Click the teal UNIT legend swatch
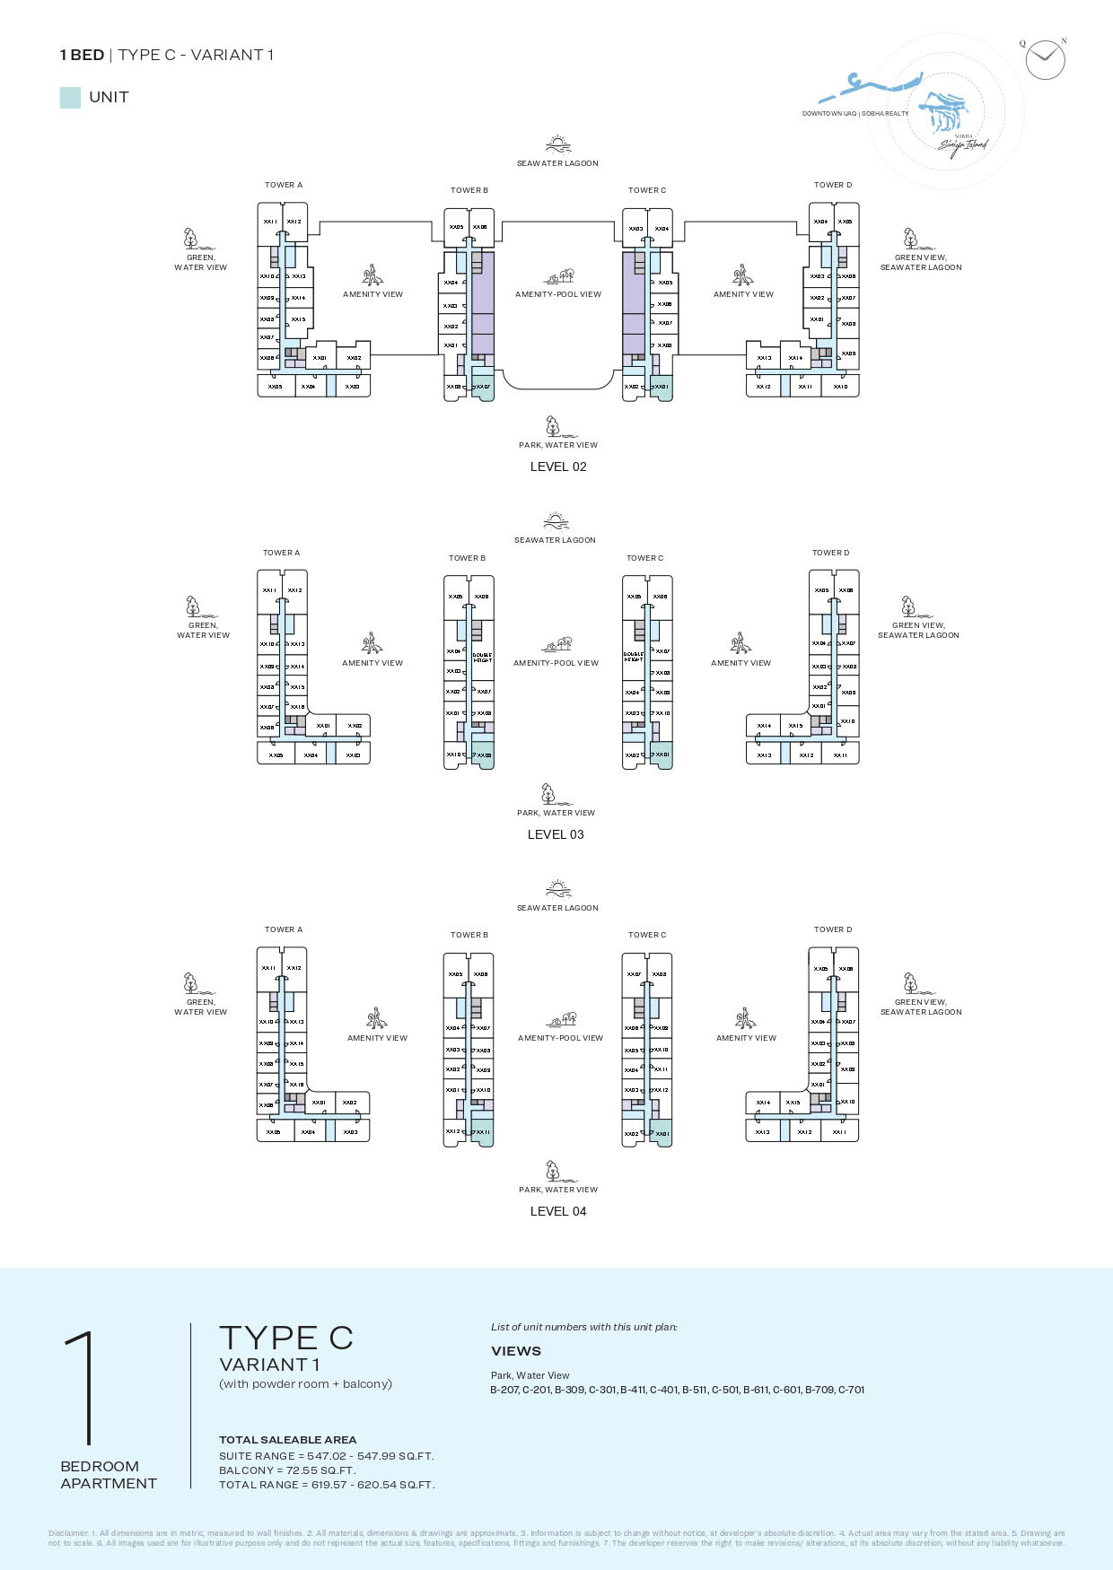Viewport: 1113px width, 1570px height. tap(70, 98)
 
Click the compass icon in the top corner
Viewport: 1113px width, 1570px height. tap(1045, 60)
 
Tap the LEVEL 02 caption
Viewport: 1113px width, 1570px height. tap(558, 467)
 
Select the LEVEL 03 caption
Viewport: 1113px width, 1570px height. tap(556, 834)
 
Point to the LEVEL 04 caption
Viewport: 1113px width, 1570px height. tap(558, 1211)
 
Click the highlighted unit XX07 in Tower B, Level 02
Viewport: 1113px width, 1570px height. tap(483, 387)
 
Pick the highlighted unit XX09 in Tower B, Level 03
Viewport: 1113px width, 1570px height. tap(483, 754)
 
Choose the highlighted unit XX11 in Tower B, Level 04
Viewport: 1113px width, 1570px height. tap(483, 1131)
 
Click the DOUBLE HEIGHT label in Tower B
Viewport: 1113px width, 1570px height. tap(482, 658)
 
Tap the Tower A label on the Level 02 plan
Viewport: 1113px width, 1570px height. tap(284, 185)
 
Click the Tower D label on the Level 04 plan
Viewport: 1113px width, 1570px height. tap(833, 929)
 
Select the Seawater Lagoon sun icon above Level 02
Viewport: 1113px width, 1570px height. tap(557, 144)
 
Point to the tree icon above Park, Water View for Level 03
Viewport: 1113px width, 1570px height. tap(548, 794)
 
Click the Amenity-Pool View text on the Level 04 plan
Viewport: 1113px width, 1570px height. tap(560, 1038)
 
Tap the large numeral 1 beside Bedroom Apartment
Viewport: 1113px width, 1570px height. tap(83, 1387)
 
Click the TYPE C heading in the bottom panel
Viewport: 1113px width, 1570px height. tap(286, 1338)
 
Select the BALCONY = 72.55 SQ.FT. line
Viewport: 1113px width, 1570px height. tap(287, 1470)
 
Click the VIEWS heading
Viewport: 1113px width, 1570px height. tap(516, 1351)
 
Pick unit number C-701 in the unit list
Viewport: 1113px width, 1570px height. tap(851, 1390)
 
